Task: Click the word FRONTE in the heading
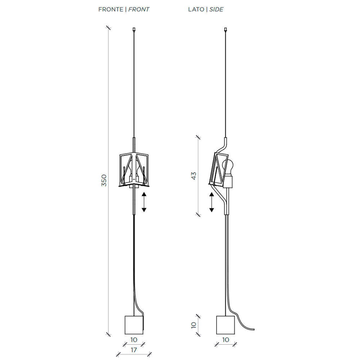click(x=111, y=9)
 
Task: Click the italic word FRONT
click(x=139, y=9)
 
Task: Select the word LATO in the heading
click(x=196, y=9)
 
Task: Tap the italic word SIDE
click(x=216, y=9)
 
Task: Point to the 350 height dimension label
click(x=104, y=180)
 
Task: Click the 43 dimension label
click(x=194, y=176)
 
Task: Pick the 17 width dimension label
click(x=134, y=350)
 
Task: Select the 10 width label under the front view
click(x=134, y=340)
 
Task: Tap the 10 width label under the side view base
click(x=226, y=340)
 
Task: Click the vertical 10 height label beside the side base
click(x=194, y=325)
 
